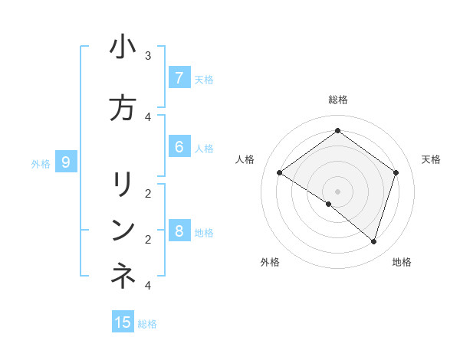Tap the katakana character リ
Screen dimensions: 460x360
point(123,185)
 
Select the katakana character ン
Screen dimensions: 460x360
point(123,231)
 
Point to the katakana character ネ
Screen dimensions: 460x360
point(123,277)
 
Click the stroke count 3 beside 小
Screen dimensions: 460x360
point(148,56)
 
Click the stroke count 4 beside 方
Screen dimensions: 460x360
point(148,116)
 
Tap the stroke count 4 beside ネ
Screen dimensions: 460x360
point(148,285)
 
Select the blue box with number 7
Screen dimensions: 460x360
point(179,78)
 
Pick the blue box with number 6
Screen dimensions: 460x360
point(179,147)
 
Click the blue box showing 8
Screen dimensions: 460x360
point(179,231)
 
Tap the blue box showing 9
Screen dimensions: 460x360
point(66,162)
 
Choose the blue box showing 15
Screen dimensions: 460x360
point(123,322)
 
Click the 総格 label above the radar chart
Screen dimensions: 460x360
point(337,100)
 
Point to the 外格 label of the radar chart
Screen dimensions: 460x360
point(270,263)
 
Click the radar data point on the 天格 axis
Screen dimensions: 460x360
point(396,173)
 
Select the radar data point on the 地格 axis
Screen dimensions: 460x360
point(373,241)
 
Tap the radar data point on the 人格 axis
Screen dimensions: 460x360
point(279,173)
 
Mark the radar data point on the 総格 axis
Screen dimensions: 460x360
point(337,131)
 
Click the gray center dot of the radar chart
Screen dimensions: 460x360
point(337,191)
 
